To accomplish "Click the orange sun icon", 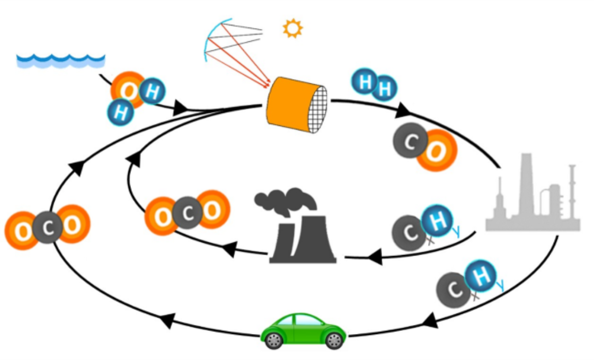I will click(292, 28).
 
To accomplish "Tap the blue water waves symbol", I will click(60, 59).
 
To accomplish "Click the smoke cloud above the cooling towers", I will click(286, 200).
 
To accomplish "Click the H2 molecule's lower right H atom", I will click(385, 89).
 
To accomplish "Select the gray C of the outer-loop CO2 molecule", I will click(48, 228).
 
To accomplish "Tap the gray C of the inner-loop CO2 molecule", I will click(188, 213).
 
